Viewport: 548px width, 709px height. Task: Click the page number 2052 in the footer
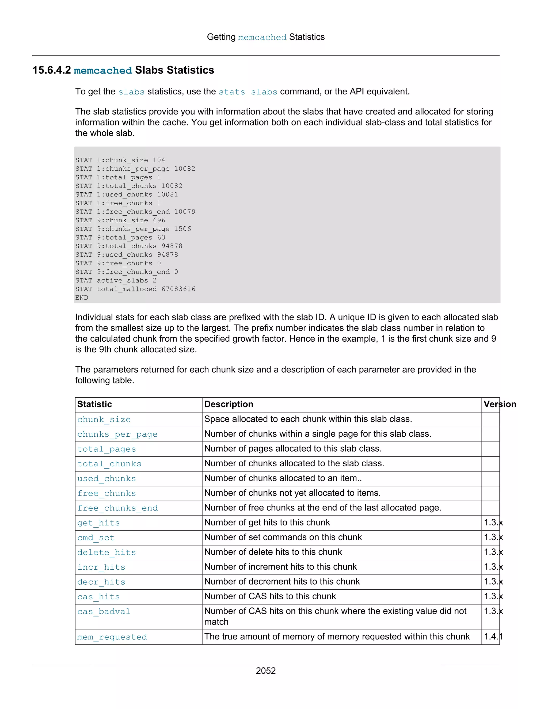click(x=265, y=671)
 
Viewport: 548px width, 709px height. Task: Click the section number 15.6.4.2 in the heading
click(x=51, y=70)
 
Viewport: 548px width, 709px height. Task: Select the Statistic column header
click(x=94, y=404)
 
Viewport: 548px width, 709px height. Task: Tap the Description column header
click(x=229, y=404)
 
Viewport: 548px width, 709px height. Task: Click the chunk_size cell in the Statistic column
click(x=104, y=420)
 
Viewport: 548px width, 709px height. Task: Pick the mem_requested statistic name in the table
click(x=112, y=637)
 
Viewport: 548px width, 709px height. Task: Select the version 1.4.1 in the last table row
click(x=493, y=636)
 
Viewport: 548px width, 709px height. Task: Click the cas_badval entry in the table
click(x=104, y=612)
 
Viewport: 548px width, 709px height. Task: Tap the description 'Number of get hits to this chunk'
click(x=267, y=522)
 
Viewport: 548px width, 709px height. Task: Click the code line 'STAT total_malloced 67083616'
click(x=135, y=289)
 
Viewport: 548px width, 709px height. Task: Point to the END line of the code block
click(x=82, y=298)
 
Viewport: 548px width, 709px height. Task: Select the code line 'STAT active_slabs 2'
click(x=116, y=280)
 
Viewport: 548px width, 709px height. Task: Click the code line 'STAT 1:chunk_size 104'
click(x=120, y=160)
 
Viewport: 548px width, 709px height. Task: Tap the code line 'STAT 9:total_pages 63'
click(x=120, y=237)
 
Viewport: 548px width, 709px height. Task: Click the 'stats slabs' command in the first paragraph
click(x=248, y=92)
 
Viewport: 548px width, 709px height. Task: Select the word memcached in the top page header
click(x=262, y=37)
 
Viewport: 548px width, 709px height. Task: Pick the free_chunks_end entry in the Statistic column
click(x=117, y=508)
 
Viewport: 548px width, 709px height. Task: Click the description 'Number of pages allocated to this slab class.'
click(x=293, y=449)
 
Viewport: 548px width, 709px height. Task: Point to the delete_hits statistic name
click(x=106, y=552)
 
